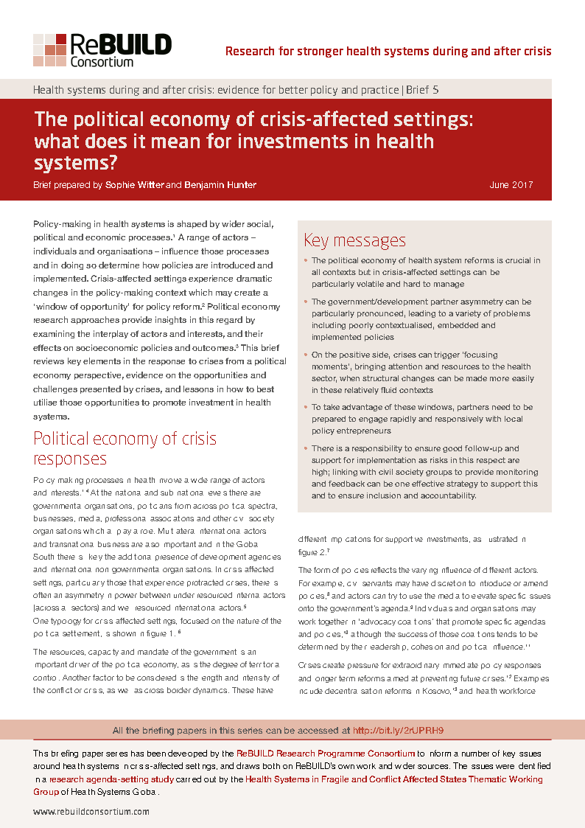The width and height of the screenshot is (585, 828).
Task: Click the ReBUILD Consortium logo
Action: pyautogui.click(x=102, y=50)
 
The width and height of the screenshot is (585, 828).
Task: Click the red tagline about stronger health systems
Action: pyautogui.click(x=388, y=52)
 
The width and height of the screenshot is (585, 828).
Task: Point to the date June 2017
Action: pyautogui.click(x=511, y=185)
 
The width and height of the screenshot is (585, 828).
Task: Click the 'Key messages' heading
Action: pyautogui.click(x=354, y=240)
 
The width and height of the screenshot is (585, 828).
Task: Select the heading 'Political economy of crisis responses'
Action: pyautogui.click(x=125, y=448)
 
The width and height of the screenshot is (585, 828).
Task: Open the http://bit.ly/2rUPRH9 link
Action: pyautogui.click(x=398, y=731)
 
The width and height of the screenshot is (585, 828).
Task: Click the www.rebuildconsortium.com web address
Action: pyautogui.click(x=91, y=811)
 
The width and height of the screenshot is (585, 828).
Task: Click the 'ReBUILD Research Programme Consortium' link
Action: pyautogui.click(x=325, y=754)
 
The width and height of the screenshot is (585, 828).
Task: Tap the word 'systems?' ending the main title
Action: pyautogui.click(x=77, y=161)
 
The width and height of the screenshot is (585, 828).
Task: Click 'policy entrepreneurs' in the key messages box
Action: pyautogui.click(x=351, y=431)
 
